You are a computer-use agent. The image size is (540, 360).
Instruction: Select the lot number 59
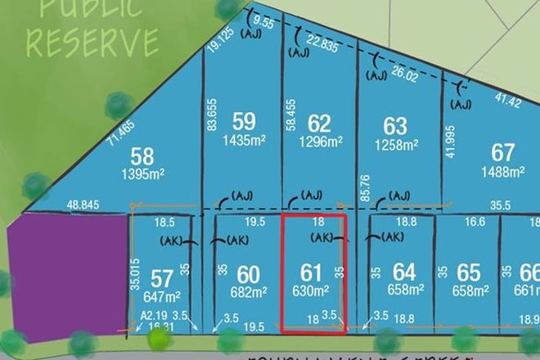point(243,122)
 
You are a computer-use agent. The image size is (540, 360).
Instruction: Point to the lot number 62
point(318,124)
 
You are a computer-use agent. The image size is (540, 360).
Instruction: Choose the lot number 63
point(395,126)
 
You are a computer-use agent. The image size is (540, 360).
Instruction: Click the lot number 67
point(502,153)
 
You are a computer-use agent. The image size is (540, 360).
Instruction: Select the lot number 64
point(404,271)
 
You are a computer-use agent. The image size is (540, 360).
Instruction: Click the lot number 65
point(469,271)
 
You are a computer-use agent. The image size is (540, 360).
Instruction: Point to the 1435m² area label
point(243,141)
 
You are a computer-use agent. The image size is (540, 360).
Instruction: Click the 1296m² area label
point(318,142)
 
